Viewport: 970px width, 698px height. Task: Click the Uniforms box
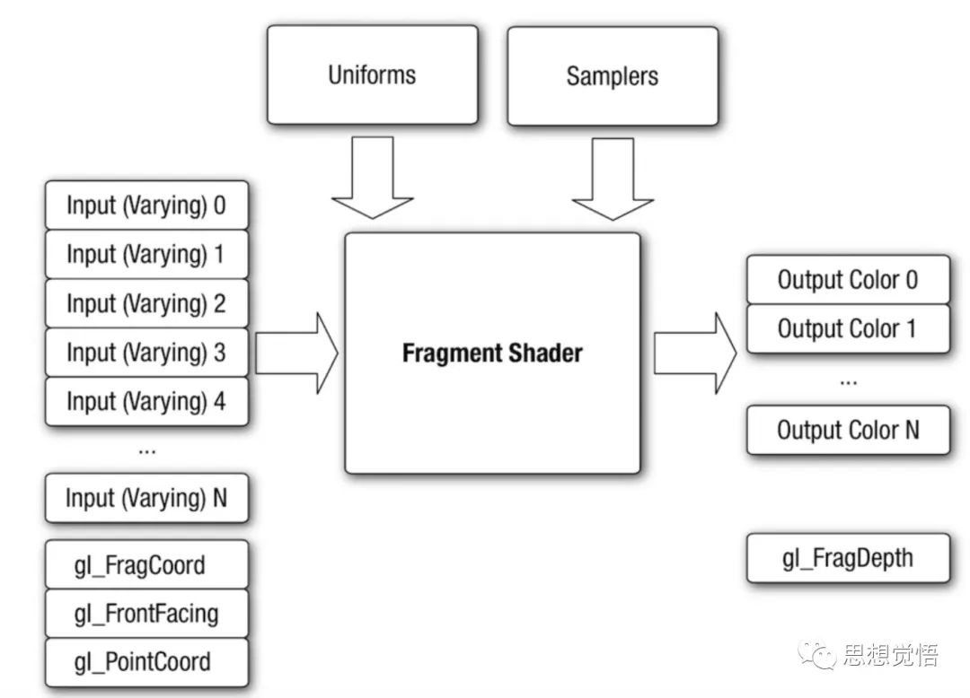point(372,74)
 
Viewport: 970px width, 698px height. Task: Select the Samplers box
point(612,75)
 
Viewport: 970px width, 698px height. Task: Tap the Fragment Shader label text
point(491,353)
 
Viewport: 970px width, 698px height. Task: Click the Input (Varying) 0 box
point(146,205)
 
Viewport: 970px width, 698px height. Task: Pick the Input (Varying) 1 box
point(146,254)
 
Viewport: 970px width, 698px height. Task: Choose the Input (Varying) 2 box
point(146,303)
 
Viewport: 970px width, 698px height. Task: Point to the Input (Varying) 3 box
point(146,353)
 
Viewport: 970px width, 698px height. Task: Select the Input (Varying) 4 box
point(146,401)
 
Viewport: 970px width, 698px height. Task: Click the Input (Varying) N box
point(146,498)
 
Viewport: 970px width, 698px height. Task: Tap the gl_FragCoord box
point(146,565)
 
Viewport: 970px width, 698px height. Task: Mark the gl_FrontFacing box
point(146,614)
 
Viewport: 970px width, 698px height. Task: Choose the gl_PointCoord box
point(146,663)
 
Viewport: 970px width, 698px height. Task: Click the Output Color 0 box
point(847,280)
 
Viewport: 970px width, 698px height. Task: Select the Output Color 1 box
point(847,328)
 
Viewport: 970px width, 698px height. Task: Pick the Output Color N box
point(847,430)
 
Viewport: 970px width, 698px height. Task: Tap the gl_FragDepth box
point(847,558)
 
